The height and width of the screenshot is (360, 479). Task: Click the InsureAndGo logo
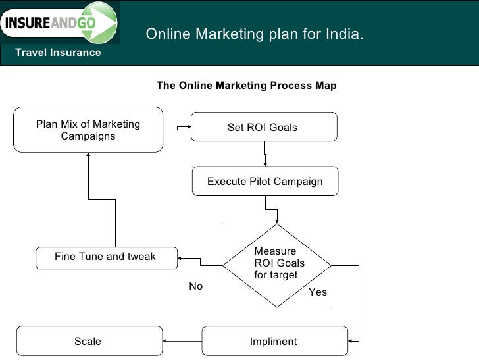tap(59, 23)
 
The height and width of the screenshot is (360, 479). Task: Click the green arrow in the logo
tap(103, 22)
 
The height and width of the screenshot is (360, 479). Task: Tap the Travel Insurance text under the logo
tap(58, 53)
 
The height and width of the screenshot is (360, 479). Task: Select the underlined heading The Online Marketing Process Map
tap(246, 86)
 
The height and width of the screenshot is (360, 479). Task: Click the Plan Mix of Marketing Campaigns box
tap(88, 130)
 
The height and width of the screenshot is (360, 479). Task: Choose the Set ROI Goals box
tap(263, 127)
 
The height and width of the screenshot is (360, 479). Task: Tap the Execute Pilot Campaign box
tap(265, 181)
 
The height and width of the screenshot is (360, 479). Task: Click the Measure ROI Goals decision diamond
tap(276, 265)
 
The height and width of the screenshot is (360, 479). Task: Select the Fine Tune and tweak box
tap(105, 257)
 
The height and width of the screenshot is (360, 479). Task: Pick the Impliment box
tap(273, 342)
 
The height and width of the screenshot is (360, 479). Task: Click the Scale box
tap(88, 342)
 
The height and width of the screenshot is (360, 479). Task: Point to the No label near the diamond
tap(196, 286)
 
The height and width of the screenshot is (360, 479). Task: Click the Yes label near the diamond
tap(318, 292)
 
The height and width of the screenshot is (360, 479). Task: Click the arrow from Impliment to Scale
tap(182, 341)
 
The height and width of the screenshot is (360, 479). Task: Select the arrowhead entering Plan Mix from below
tap(88, 155)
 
